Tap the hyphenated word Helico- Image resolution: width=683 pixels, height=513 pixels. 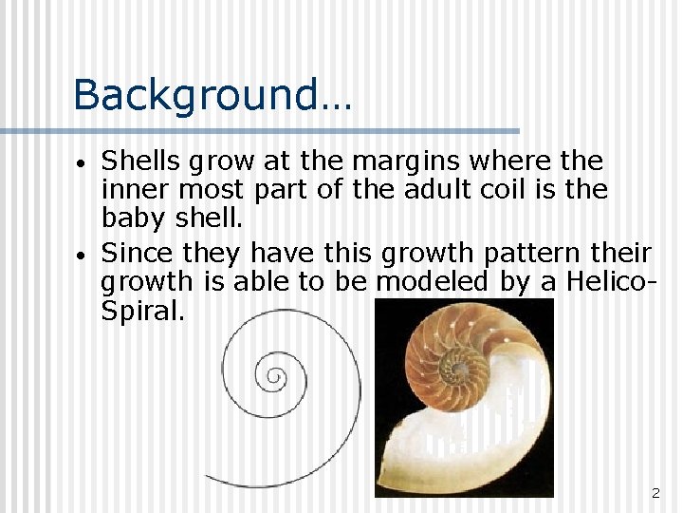(x=605, y=282)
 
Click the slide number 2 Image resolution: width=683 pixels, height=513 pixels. (x=655, y=493)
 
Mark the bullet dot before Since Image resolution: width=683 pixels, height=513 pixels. (x=83, y=256)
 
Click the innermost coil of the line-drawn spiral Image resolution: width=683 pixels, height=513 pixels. (x=275, y=376)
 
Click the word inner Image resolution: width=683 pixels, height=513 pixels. (x=134, y=189)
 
